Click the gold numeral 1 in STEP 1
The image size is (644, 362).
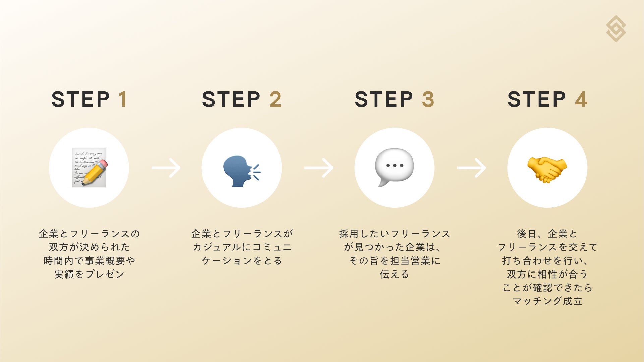(123, 99)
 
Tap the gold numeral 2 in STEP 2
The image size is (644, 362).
(275, 99)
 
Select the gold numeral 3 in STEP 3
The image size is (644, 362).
(428, 99)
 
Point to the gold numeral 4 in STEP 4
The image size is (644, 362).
(581, 99)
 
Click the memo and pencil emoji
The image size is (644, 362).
(89, 168)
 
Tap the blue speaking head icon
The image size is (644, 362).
(241, 171)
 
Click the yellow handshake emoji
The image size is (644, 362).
(547, 169)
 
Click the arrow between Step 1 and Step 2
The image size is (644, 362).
(166, 168)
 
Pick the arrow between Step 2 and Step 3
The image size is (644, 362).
(319, 168)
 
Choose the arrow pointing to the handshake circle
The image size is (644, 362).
(472, 168)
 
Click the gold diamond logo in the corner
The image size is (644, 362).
(616, 28)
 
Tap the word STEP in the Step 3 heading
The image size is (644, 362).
(384, 99)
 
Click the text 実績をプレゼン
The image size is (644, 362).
(89, 274)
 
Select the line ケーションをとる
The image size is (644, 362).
(242, 261)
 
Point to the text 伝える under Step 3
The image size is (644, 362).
(394, 274)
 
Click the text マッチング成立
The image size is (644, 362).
(547, 301)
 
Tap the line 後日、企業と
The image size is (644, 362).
(547, 234)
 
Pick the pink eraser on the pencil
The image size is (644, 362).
(103, 164)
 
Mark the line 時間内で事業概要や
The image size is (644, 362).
(89, 261)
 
